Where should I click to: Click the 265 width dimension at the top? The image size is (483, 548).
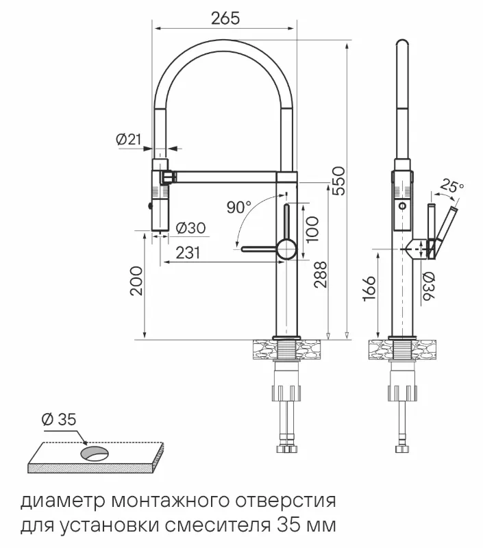225,18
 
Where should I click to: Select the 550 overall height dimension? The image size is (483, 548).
338,181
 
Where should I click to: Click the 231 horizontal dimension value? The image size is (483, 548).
188,253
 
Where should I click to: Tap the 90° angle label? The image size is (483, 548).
238,206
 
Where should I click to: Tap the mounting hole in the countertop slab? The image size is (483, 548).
95,451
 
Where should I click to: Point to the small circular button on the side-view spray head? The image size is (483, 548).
402,206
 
